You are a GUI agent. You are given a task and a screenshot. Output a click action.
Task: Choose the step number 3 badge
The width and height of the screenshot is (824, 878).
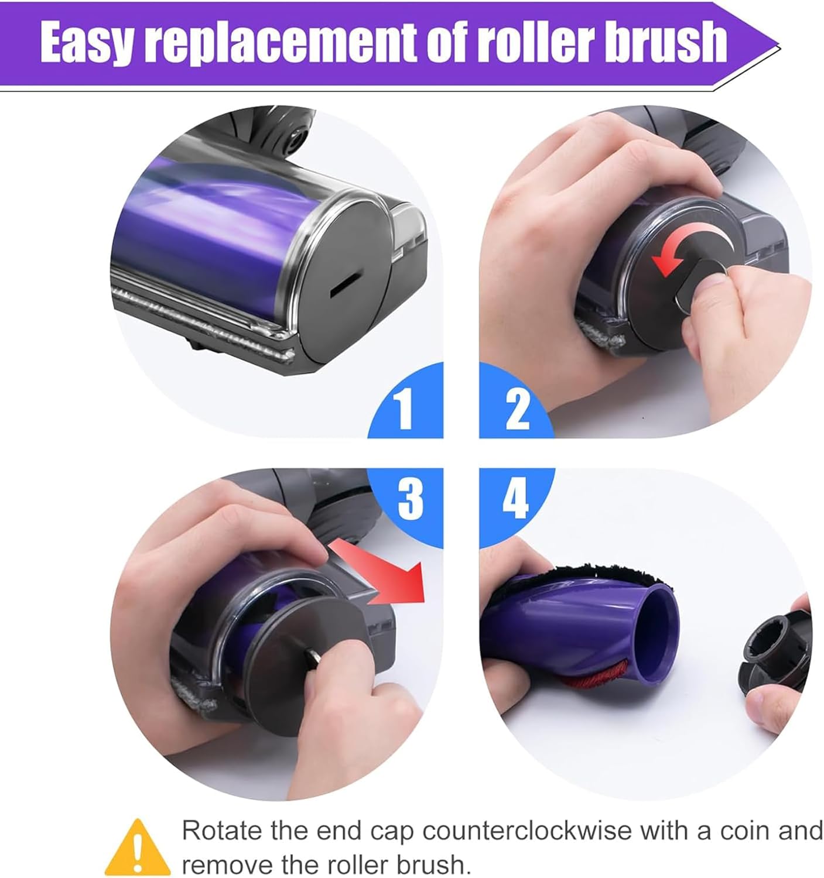409,498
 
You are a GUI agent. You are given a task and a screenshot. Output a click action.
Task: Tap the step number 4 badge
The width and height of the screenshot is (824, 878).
515,498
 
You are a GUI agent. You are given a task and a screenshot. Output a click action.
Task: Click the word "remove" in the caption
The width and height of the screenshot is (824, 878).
226,864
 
